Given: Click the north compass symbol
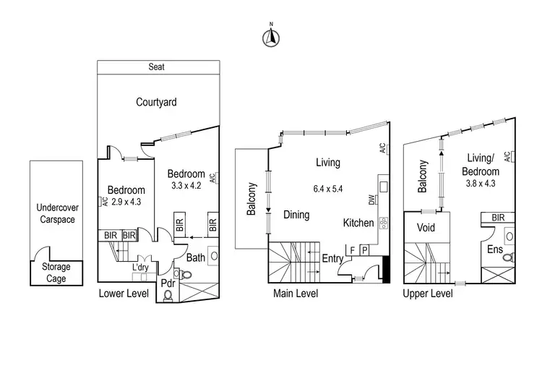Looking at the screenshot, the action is (x=271, y=38).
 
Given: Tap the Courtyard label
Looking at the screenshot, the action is (x=156, y=103).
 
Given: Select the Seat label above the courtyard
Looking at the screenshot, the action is (x=156, y=67).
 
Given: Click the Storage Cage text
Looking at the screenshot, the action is (x=56, y=273).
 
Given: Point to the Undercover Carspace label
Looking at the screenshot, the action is (x=57, y=213).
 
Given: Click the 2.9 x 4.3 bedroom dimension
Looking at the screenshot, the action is (x=126, y=202).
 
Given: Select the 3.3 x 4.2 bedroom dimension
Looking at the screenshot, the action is (x=186, y=186).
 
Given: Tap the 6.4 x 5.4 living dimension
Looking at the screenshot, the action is (x=327, y=189).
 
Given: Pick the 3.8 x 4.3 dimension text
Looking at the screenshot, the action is (x=481, y=184).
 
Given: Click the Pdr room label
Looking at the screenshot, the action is (x=168, y=283).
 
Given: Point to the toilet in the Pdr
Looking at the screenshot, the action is (x=168, y=296).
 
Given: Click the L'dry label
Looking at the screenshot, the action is (x=140, y=267).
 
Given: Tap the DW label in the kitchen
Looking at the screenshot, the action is (x=371, y=200).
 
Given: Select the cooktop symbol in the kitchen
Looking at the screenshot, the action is (x=383, y=223).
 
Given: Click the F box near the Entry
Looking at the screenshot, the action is (x=352, y=250).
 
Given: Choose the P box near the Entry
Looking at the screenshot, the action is (x=364, y=249).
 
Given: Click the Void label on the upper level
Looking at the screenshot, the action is (x=426, y=228).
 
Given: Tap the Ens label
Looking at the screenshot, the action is (x=494, y=249).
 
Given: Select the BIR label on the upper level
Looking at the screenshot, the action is (x=498, y=218).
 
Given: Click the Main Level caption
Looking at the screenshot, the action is (x=296, y=294).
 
